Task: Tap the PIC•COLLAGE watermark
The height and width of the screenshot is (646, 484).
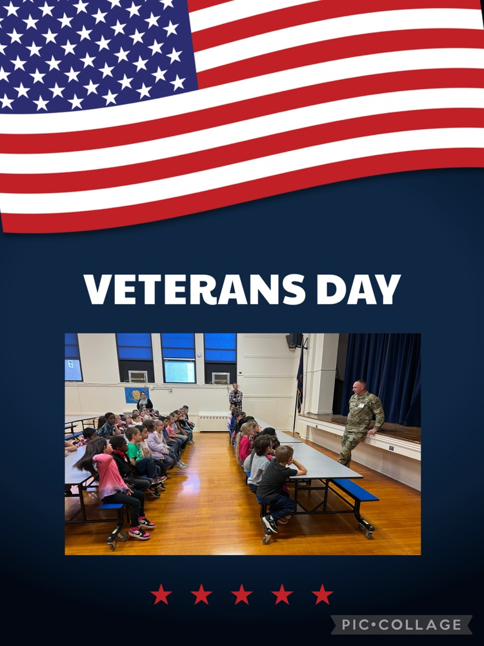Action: pyautogui.click(x=401, y=625)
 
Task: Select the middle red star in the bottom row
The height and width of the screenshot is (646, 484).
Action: pyautogui.click(x=241, y=594)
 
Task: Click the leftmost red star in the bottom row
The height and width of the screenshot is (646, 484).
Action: pyautogui.click(x=161, y=594)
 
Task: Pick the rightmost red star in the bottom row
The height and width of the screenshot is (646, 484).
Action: pyautogui.click(x=322, y=594)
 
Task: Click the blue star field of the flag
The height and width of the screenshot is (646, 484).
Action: pyautogui.click(x=90, y=52)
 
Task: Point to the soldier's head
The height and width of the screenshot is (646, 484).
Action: pyautogui.click(x=360, y=387)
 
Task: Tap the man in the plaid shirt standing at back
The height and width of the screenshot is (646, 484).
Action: pyautogui.click(x=236, y=398)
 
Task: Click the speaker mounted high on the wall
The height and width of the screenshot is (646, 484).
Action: pyautogui.click(x=294, y=341)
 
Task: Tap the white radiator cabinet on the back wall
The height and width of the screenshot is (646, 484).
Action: pyautogui.click(x=214, y=421)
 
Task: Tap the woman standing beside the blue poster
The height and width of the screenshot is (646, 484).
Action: pyautogui.click(x=145, y=402)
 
